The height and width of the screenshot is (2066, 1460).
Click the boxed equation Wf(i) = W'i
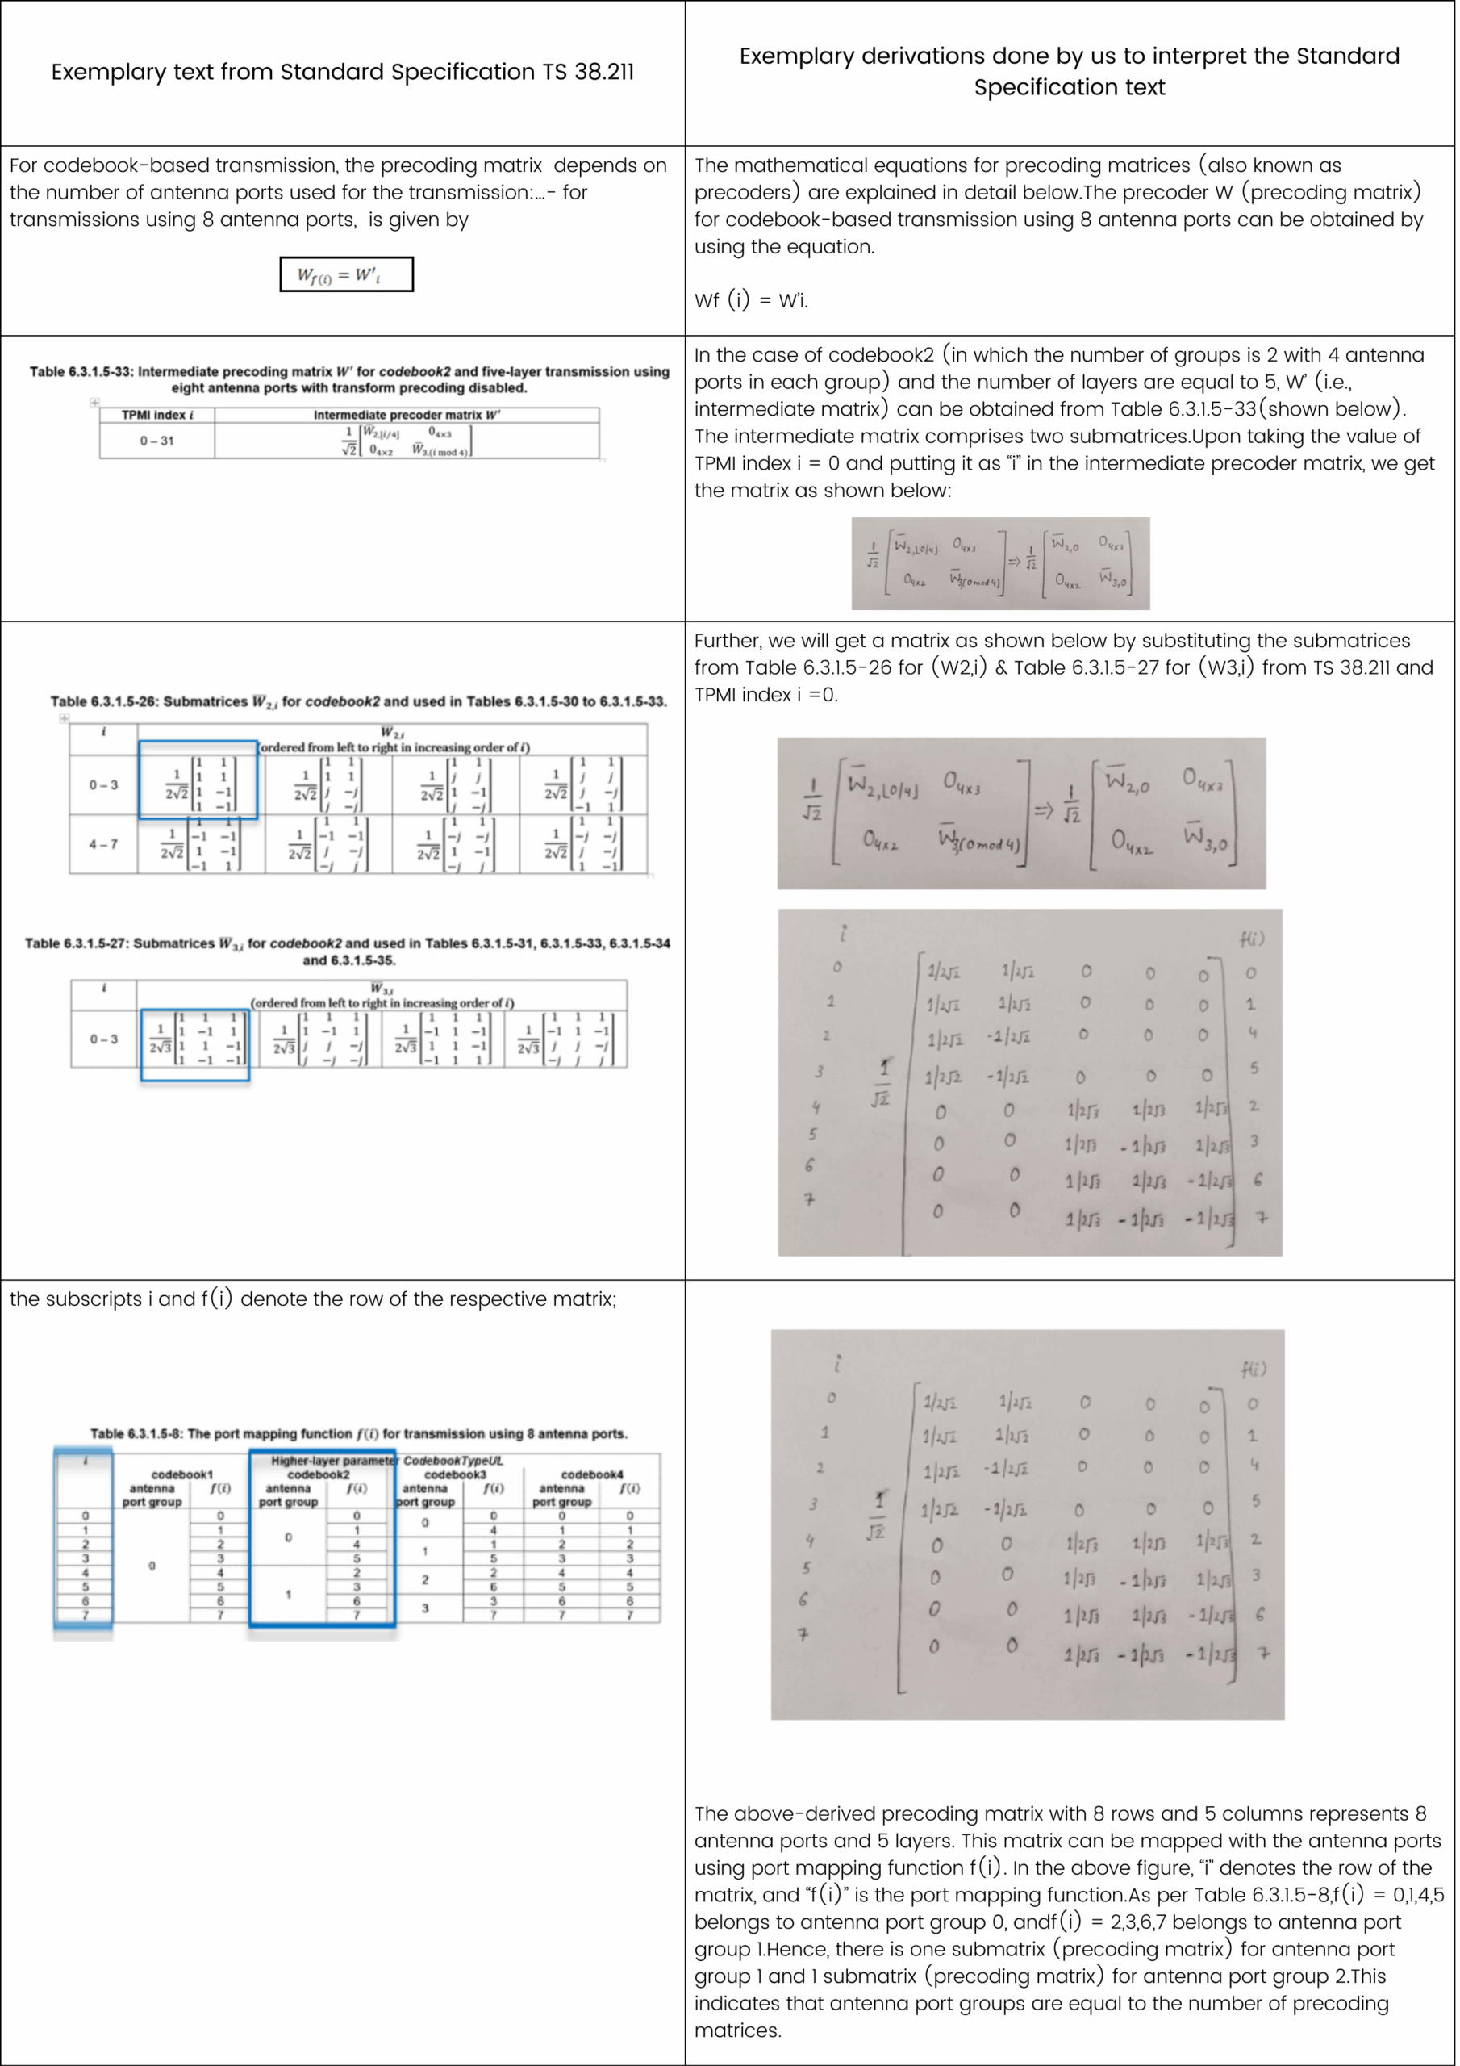click(x=346, y=274)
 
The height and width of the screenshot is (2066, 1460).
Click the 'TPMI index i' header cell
click(x=157, y=415)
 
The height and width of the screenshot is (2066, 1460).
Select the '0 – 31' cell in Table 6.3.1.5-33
click(x=156, y=441)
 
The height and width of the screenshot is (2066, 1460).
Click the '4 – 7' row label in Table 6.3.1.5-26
click(x=102, y=844)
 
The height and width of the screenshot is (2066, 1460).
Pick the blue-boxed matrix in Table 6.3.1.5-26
click(x=198, y=780)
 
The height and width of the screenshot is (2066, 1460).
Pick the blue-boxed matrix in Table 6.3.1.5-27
click(x=195, y=1043)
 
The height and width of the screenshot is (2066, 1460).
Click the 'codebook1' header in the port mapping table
click(x=181, y=1474)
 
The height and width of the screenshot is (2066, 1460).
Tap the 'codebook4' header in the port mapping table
click(x=591, y=1474)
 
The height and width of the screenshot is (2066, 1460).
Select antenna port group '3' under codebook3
click(x=424, y=1607)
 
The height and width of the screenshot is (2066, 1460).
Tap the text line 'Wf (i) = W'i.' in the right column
click(x=750, y=300)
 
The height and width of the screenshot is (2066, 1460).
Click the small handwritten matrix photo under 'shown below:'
click(x=1000, y=563)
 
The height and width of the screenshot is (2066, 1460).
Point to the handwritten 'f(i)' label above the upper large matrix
click(x=1251, y=939)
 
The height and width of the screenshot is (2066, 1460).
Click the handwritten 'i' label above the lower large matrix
click(x=837, y=1363)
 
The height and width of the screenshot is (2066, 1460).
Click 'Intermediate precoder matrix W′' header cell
click(x=407, y=415)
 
